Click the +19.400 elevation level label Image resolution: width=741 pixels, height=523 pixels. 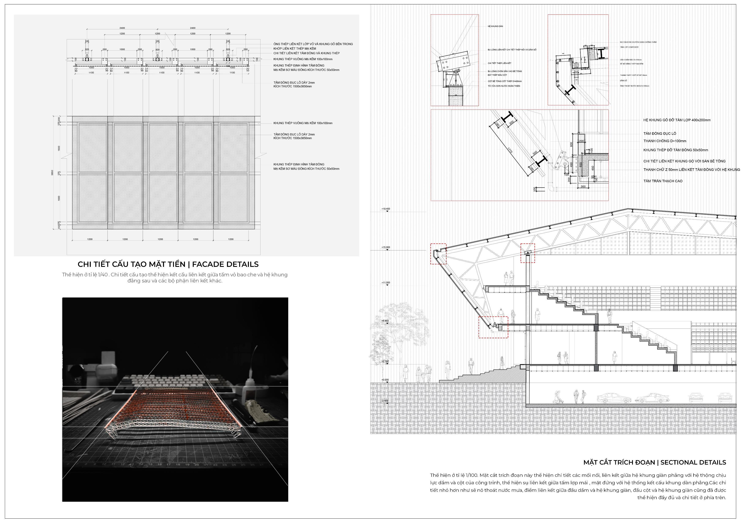pos(386,209)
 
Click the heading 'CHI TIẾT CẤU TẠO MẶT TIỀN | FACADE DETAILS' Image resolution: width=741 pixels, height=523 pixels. pos(168,264)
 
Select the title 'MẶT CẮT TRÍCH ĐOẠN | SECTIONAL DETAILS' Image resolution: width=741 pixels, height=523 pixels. pos(654,462)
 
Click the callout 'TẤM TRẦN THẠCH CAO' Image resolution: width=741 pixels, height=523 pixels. pos(663,181)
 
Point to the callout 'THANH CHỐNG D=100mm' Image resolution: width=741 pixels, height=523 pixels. pos(665,141)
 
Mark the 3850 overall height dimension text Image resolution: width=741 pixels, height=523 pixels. pos(52,173)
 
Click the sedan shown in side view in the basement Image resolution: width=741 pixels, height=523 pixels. pos(613,399)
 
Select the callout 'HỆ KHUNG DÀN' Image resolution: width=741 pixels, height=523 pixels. pos(495,26)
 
